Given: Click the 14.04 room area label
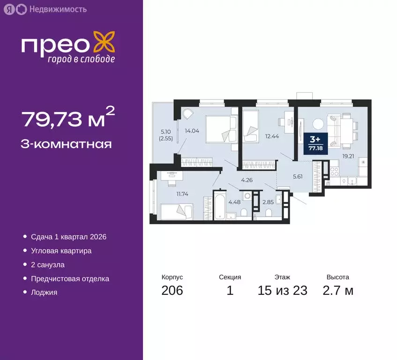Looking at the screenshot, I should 192,131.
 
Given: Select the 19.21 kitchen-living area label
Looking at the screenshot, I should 347,157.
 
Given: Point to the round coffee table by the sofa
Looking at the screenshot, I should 318,124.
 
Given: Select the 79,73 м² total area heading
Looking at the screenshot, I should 68,118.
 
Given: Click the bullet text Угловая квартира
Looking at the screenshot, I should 61,251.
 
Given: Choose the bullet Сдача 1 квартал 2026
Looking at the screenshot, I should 69,237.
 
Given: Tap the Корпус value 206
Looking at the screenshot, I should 172,291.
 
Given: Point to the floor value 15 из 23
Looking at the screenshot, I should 282,291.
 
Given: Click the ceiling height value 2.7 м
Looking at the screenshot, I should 338,291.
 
